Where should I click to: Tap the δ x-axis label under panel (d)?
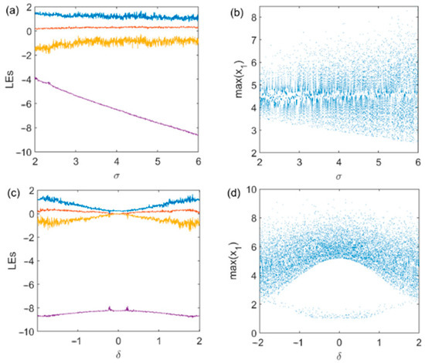tap(335, 355)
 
